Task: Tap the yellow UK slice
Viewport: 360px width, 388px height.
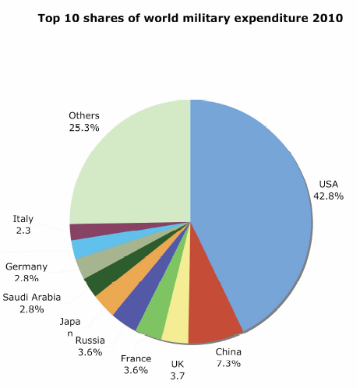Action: [x=176, y=327]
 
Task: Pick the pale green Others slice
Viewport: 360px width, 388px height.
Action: [x=132, y=164]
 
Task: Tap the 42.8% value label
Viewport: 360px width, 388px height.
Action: [x=328, y=196]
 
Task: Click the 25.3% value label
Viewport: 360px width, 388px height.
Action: [x=83, y=127]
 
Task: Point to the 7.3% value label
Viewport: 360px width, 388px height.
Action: [x=228, y=363]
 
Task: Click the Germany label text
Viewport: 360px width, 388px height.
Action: [x=26, y=266]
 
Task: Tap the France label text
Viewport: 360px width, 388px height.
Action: [x=136, y=358]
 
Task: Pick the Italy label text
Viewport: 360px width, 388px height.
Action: [x=23, y=219]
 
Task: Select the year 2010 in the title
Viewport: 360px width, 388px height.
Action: [x=327, y=18]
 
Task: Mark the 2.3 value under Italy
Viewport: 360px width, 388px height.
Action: [x=23, y=231]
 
